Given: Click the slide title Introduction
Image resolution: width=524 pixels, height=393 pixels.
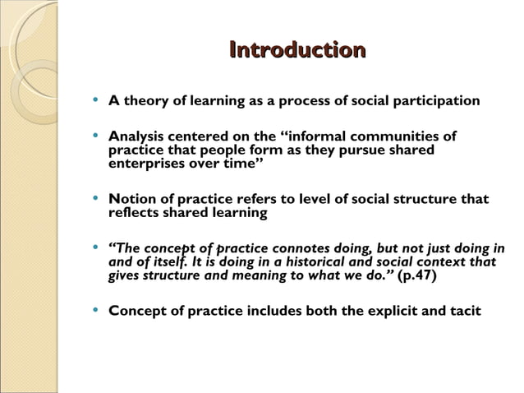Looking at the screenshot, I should (x=296, y=51).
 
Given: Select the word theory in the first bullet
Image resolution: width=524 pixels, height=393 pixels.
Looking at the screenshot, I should (x=147, y=101).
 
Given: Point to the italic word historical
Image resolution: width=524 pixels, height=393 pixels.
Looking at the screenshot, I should (x=321, y=262).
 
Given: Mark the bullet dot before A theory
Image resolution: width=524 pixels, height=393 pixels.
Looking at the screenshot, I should (x=97, y=101).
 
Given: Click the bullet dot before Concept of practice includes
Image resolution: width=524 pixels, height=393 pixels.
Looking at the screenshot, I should (x=97, y=311).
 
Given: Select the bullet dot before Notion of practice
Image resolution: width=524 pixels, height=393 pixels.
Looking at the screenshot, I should (x=97, y=199).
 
